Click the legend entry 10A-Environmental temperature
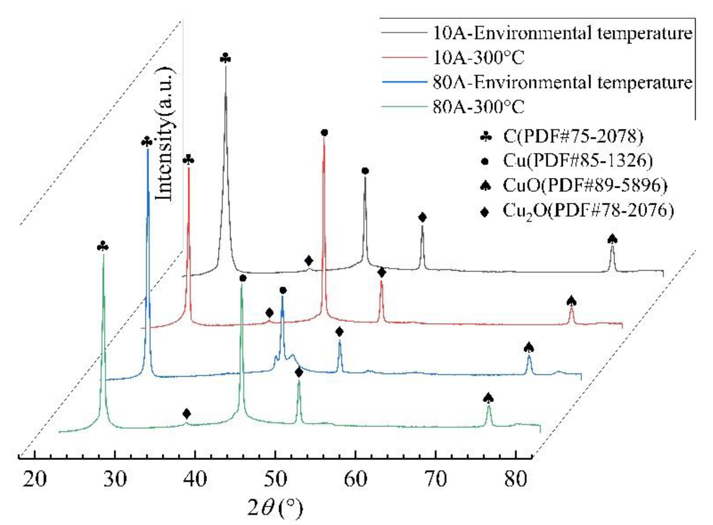point(562,33)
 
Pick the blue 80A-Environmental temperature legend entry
point(562,82)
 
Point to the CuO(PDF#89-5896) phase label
point(585,185)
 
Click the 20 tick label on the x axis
point(35,479)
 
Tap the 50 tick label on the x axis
point(275,479)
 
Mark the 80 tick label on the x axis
point(516,479)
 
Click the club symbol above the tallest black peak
point(226,58)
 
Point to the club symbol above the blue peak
point(147,142)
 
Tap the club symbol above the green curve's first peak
point(103,247)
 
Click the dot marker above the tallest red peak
point(324,133)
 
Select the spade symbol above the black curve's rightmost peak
point(612,239)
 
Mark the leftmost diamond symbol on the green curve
point(187,414)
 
